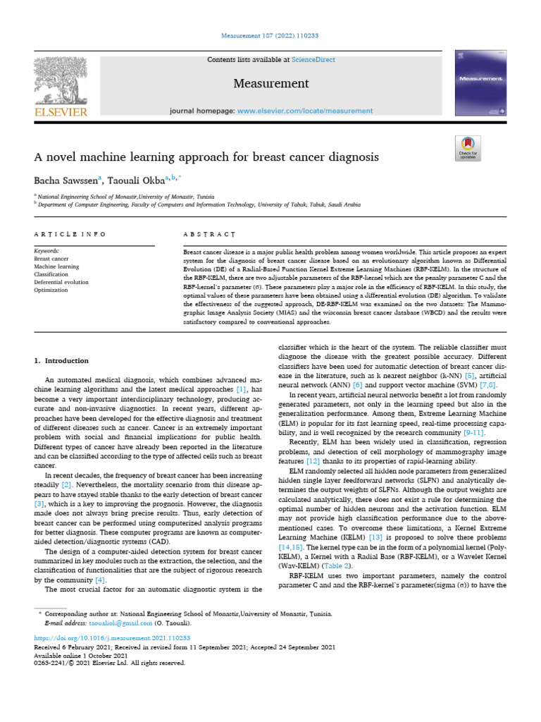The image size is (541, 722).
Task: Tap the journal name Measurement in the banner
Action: coord(271,83)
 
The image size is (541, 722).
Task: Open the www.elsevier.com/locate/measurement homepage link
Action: coord(305,111)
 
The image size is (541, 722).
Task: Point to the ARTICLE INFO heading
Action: coord(70,233)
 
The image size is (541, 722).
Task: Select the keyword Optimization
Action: coord(51,289)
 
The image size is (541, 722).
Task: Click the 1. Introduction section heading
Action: coord(61,361)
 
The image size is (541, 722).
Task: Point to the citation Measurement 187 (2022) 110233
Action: coord(270,35)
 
